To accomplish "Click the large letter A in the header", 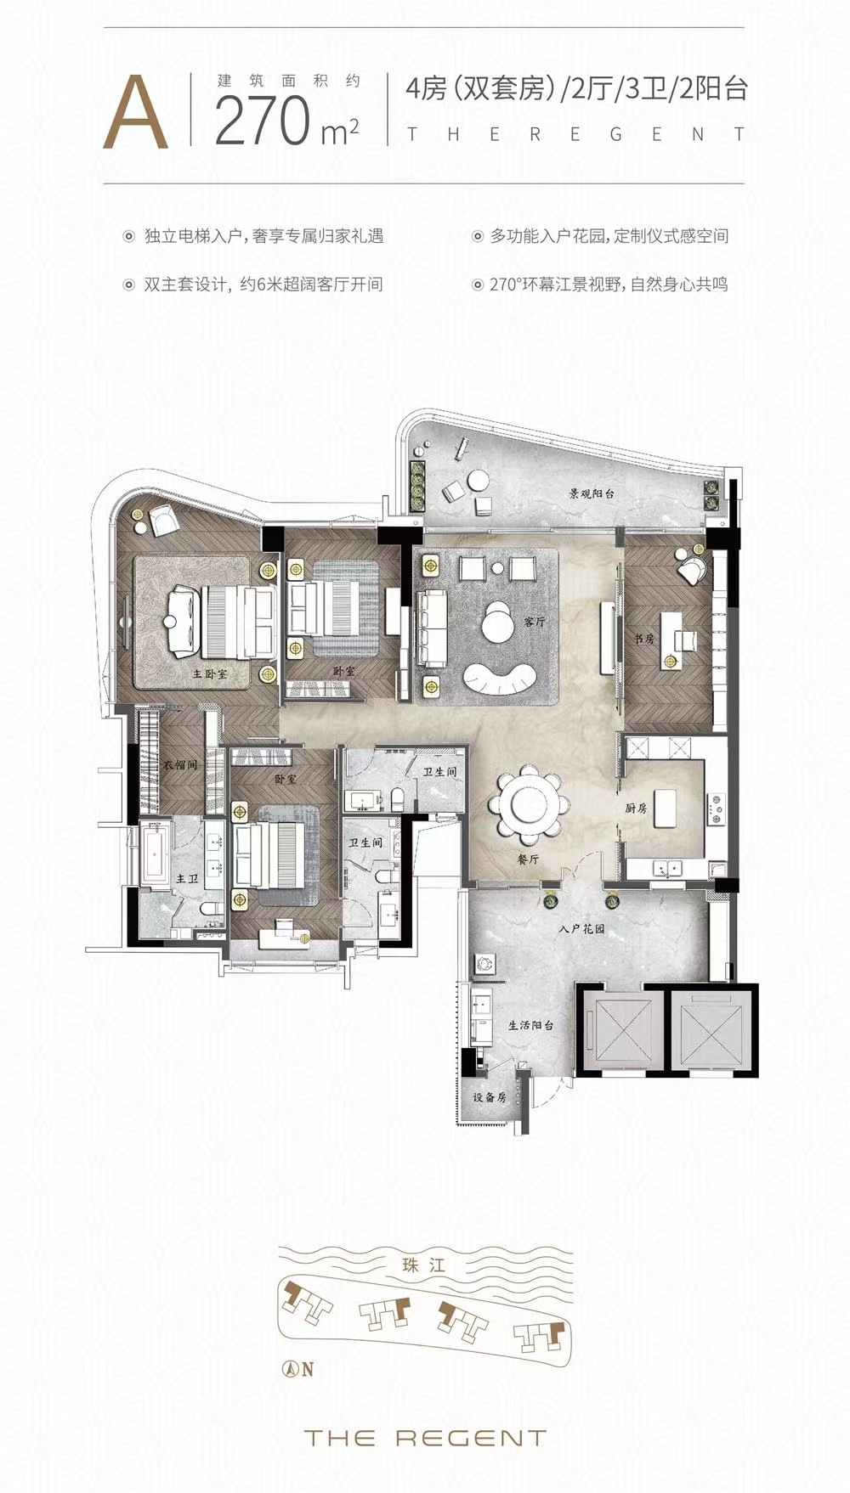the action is point(136,113).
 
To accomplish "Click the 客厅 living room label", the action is point(535,622).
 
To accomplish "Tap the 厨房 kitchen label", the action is point(636,808).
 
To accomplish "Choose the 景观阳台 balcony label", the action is point(592,493).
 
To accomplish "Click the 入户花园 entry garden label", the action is point(582,929).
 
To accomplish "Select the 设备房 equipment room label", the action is point(490,1097).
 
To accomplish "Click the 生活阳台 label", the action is point(531,1025).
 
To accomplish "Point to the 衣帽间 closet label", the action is point(180,765).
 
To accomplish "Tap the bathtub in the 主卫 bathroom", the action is point(156,855).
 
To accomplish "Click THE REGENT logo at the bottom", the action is point(424,1438).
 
